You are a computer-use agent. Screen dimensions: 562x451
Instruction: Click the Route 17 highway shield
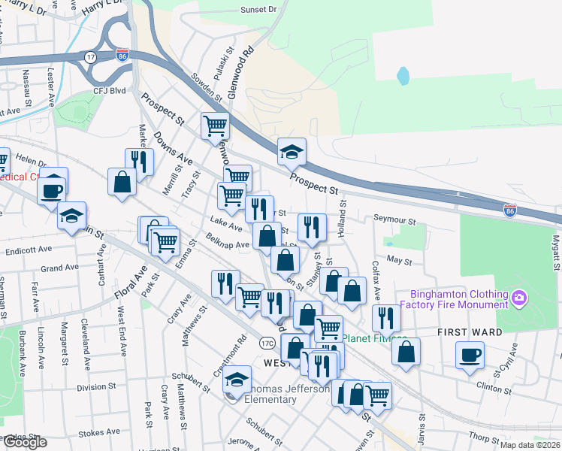90,56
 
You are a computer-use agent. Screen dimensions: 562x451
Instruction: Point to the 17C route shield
268,342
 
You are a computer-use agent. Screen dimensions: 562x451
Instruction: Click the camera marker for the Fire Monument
518,299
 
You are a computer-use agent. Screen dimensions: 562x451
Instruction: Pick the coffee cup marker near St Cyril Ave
470,356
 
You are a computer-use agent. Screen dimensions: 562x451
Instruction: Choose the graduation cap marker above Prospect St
292,153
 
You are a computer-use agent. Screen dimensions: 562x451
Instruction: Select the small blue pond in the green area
403,76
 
